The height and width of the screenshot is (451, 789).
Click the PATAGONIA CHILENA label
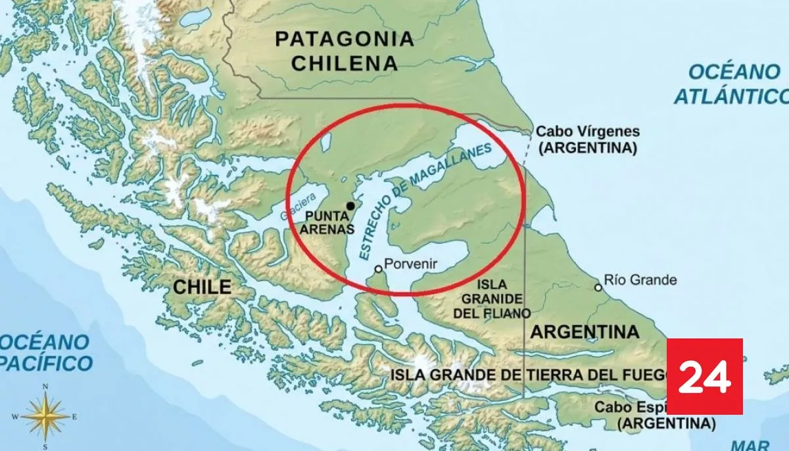click(345, 51)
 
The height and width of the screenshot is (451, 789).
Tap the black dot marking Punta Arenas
click(350, 206)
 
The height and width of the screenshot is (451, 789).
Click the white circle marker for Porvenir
click(378, 269)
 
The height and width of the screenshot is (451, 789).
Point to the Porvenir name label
click(411, 264)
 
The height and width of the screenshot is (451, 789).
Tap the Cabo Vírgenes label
click(588, 140)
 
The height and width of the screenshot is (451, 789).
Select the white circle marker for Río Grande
click(598, 287)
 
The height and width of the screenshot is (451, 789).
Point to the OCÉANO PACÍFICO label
click(45, 352)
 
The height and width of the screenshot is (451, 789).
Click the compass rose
click(45, 415)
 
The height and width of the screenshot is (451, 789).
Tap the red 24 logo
click(704, 377)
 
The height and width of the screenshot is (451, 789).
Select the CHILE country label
click(203, 287)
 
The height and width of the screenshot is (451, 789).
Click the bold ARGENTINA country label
click(585, 331)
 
